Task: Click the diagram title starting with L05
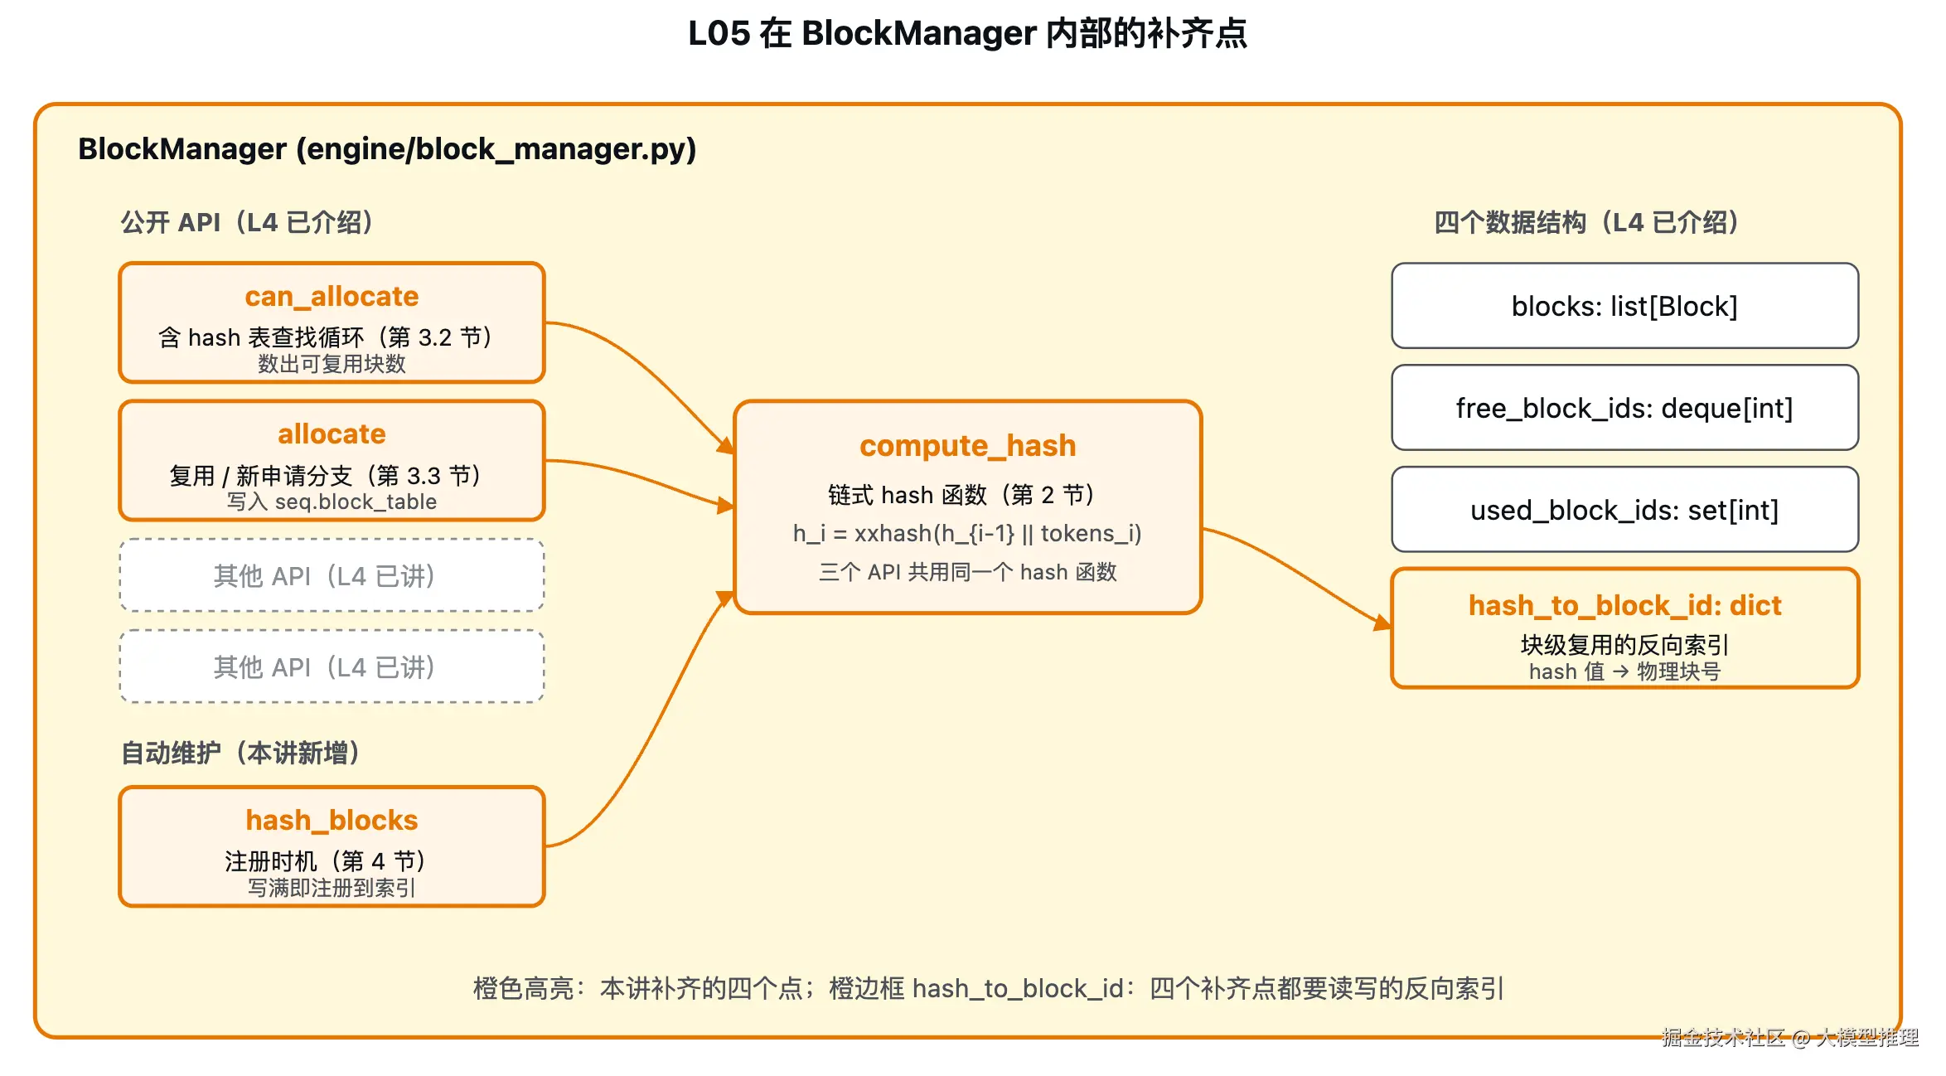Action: pyautogui.click(x=967, y=33)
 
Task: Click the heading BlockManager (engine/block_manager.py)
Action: pyautogui.click(x=387, y=149)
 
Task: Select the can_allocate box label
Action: pyautogui.click(x=332, y=296)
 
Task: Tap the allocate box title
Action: pyautogui.click(x=332, y=434)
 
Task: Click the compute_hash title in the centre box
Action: pyautogui.click(x=967, y=446)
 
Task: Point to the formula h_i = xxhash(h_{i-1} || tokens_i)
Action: pyautogui.click(x=967, y=533)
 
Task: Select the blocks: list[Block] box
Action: pyautogui.click(x=1624, y=306)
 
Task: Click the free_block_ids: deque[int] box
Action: pyautogui.click(x=1624, y=408)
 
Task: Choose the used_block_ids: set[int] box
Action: pyautogui.click(x=1624, y=510)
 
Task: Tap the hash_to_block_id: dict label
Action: pyautogui.click(x=1624, y=606)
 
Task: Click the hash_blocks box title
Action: pyautogui.click(x=332, y=820)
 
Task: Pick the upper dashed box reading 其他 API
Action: pyautogui.click(x=332, y=575)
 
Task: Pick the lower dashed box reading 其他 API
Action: pyautogui.click(x=332, y=666)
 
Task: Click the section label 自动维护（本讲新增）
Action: pyautogui.click(x=240, y=753)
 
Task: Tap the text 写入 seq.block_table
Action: pyautogui.click(x=332, y=502)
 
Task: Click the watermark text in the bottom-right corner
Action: pyautogui.click(x=1790, y=1037)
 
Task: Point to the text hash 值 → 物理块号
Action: pyautogui.click(x=1624, y=671)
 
